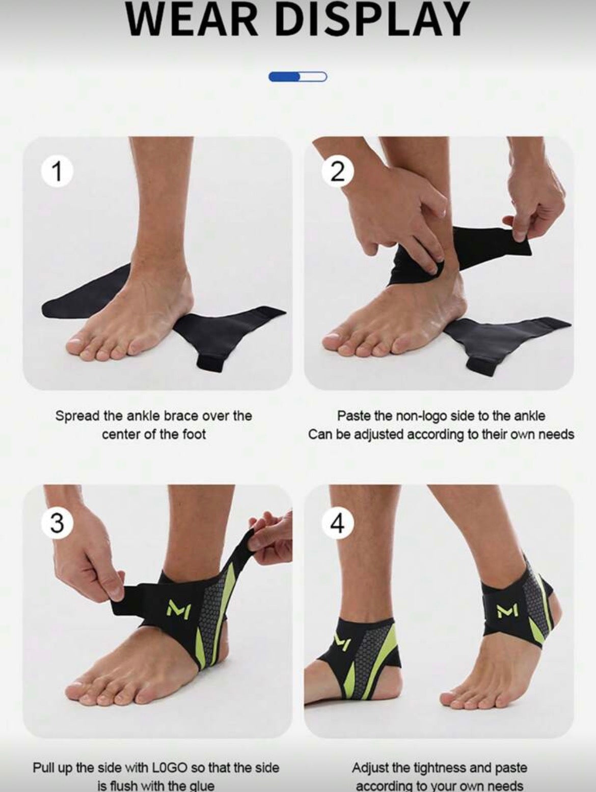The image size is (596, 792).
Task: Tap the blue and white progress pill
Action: tap(297, 77)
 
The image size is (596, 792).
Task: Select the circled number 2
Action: tap(337, 172)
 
